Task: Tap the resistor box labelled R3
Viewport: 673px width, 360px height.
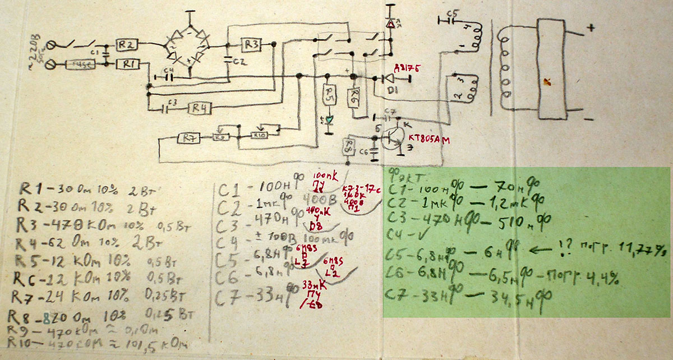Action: [251, 44]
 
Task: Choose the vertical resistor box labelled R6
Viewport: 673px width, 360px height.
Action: [354, 98]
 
